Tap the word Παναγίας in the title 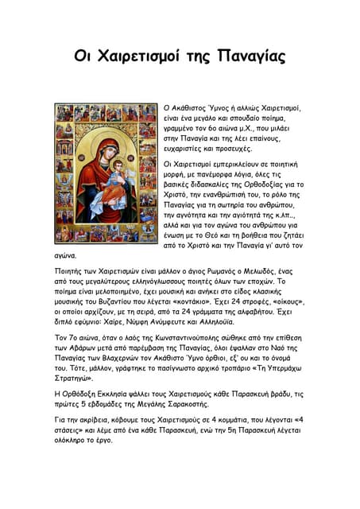click(253, 57)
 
